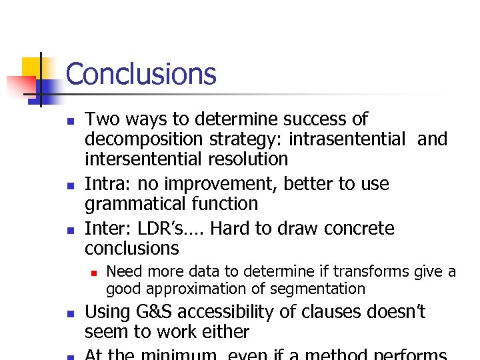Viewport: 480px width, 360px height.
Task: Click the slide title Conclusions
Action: (141, 74)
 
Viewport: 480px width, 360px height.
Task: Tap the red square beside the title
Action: (20, 86)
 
